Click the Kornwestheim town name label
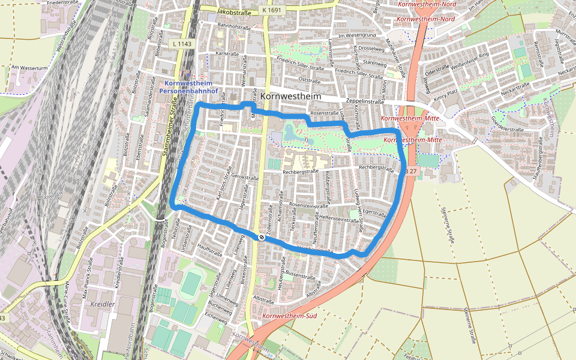291,97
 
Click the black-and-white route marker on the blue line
261,237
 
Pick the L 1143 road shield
182,43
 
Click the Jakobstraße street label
234,11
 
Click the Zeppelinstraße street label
365,102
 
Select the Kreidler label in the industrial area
102,304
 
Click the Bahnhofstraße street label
233,27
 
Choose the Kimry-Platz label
446,96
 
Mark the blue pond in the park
295,133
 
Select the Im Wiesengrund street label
358,35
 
